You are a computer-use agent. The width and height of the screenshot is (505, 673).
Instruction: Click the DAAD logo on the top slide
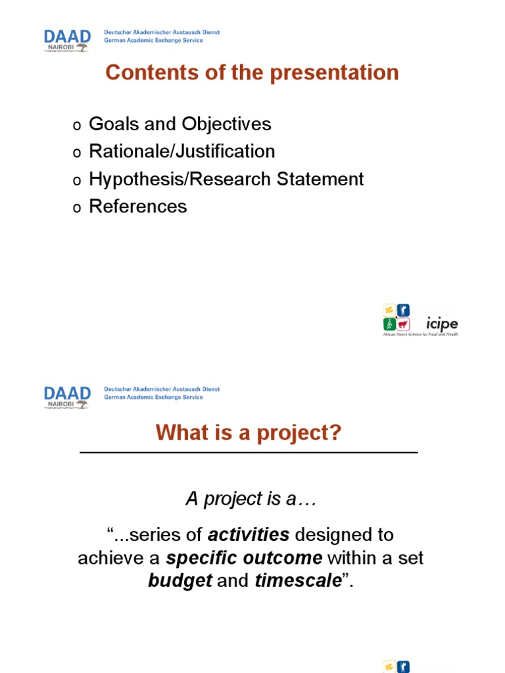[x=67, y=39]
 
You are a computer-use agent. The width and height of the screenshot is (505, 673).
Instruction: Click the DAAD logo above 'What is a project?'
[x=67, y=396]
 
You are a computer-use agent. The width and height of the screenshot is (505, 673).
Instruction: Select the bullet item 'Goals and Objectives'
[x=180, y=124]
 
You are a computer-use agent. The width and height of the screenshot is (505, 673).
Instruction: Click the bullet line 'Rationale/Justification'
[x=181, y=151]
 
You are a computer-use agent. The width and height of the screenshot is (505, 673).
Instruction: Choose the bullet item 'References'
[x=137, y=206]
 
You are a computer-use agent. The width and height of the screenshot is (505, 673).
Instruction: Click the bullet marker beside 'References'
[x=76, y=208]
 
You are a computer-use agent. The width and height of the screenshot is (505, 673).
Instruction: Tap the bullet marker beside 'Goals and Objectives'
[x=76, y=125]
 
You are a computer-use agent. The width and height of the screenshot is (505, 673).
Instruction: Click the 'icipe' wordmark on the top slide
[x=442, y=323]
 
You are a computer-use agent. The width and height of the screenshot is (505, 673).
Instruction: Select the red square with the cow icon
[x=403, y=324]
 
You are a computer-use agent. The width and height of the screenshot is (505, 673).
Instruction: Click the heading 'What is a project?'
[x=249, y=433]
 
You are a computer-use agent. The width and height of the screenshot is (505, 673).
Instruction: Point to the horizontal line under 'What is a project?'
[x=249, y=453]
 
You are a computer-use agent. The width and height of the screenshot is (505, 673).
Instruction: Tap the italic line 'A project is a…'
[x=251, y=499]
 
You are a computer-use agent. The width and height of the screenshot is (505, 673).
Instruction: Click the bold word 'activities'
[x=249, y=535]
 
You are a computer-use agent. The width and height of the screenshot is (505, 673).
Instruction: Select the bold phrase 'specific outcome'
[x=244, y=559]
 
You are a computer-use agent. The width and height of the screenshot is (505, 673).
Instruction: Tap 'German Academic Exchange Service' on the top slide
[x=154, y=40]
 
